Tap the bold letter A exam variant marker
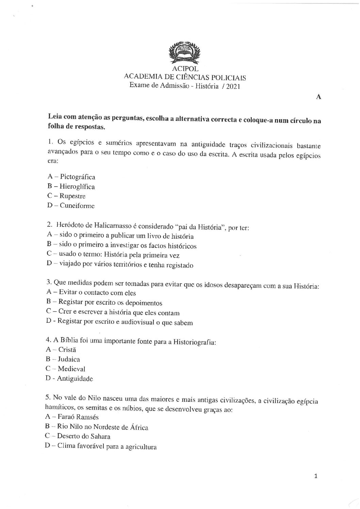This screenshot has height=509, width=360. tap(318, 97)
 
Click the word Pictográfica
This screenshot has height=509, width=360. tap(77, 177)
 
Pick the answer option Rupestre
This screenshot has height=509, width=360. tap(72, 196)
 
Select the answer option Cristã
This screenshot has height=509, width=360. tap(67, 349)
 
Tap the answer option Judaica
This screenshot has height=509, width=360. tap(69, 359)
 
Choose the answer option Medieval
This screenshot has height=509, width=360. tap(71, 369)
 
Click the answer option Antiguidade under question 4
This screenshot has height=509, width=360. tap(75, 378)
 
